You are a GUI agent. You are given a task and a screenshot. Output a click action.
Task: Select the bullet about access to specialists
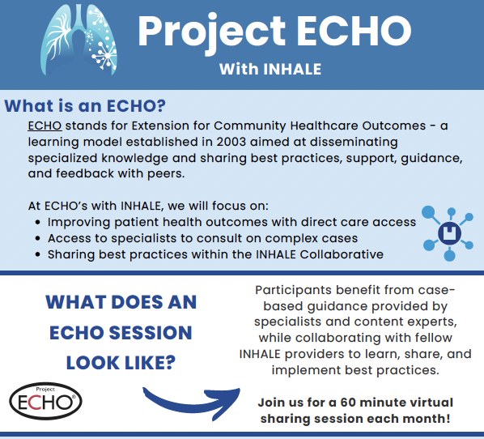(x=202, y=238)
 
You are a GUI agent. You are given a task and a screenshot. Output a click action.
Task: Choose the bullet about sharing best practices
(x=214, y=255)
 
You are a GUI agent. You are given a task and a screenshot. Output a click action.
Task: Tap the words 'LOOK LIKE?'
(x=121, y=363)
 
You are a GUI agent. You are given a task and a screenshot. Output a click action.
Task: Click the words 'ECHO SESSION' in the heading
(x=121, y=333)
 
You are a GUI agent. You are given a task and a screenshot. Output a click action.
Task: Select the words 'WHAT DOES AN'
(x=121, y=303)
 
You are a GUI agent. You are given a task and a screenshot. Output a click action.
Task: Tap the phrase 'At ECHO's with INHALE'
(x=96, y=206)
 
